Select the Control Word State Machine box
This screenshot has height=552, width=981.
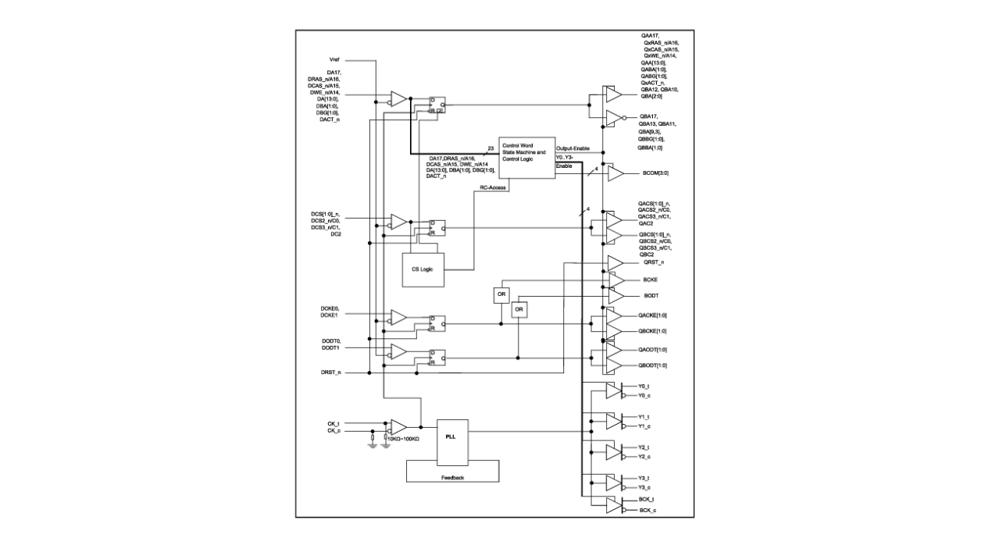click(x=526, y=156)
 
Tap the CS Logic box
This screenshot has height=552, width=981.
click(x=423, y=269)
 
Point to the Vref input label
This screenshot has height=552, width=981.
click(x=334, y=59)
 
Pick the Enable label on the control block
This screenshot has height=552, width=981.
click(x=565, y=166)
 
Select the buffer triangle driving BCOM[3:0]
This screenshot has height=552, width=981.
click(x=615, y=173)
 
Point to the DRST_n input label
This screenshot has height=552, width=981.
click(x=331, y=373)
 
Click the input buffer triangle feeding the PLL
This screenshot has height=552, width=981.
click(x=398, y=428)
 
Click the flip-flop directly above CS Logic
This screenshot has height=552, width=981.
click(x=436, y=227)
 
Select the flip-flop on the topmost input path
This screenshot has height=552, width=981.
click(x=436, y=105)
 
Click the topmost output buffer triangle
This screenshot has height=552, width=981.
click(x=614, y=94)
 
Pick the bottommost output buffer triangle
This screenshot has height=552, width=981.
click(x=614, y=505)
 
